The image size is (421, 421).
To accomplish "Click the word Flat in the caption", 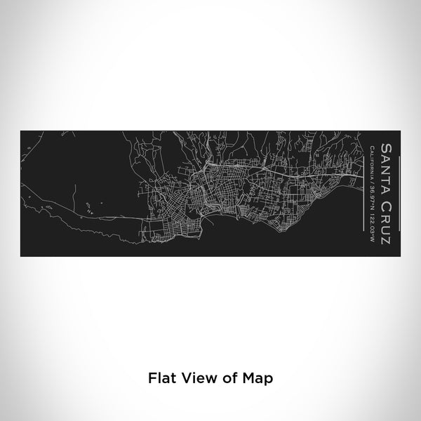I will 160,377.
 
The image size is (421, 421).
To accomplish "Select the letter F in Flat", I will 150,377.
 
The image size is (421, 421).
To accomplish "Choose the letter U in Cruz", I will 385,229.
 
